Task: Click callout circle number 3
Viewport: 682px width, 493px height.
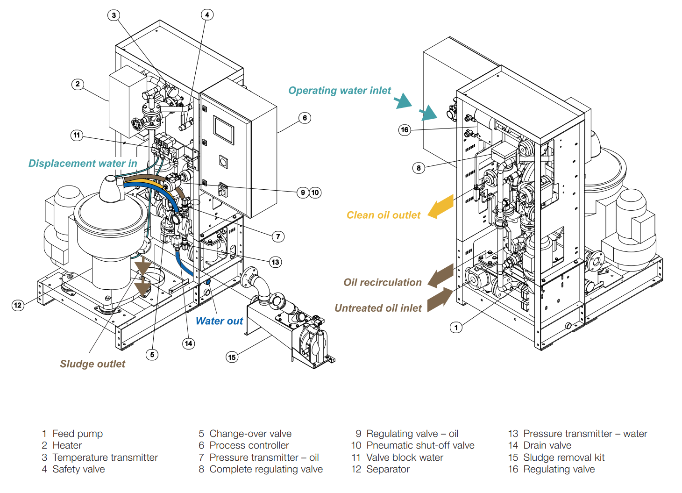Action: [114, 15]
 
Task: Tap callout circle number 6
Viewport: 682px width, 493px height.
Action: [305, 118]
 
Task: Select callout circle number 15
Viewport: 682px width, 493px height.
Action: [232, 357]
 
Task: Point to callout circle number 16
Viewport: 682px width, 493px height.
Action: [405, 130]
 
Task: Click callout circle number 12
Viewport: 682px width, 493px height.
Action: [18, 305]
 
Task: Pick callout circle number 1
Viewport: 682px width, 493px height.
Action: [456, 327]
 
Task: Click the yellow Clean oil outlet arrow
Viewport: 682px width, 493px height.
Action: [441, 207]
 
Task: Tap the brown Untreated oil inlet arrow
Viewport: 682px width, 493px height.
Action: [440, 300]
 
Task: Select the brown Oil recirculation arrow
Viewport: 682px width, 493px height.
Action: [441, 276]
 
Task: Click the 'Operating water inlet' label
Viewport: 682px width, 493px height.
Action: [340, 91]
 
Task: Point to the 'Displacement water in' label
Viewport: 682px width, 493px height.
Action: [83, 164]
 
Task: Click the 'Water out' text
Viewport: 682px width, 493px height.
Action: [219, 321]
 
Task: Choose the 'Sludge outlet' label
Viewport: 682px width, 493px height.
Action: [92, 364]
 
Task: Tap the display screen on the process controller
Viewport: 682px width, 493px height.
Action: [224, 130]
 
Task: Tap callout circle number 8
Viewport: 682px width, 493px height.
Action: [419, 168]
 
